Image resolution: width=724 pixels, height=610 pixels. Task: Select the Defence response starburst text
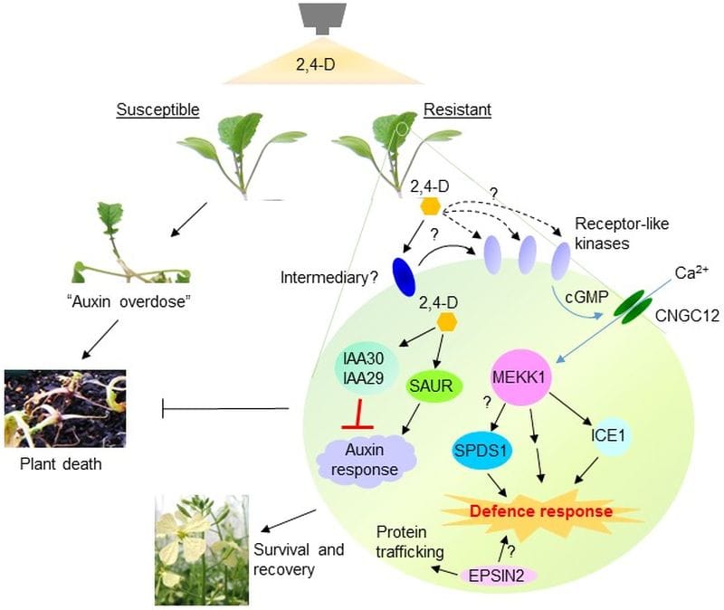[541, 511]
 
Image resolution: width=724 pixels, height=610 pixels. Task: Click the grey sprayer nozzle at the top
[323, 17]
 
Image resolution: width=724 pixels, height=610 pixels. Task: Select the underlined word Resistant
[457, 110]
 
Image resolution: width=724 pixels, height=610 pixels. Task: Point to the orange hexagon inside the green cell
[445, 321]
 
